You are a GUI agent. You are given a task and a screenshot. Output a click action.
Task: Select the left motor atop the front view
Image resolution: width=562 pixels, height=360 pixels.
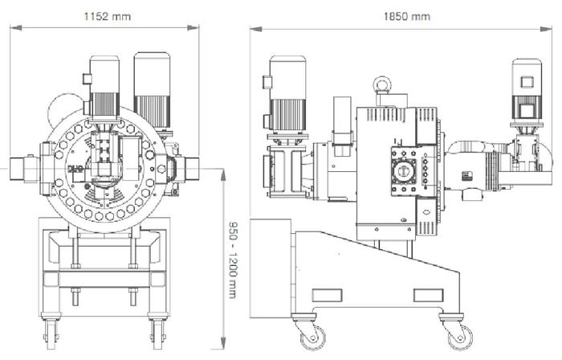pos(104,84)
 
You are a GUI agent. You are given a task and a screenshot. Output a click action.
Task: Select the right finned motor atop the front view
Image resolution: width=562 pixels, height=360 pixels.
pos(149,84)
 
